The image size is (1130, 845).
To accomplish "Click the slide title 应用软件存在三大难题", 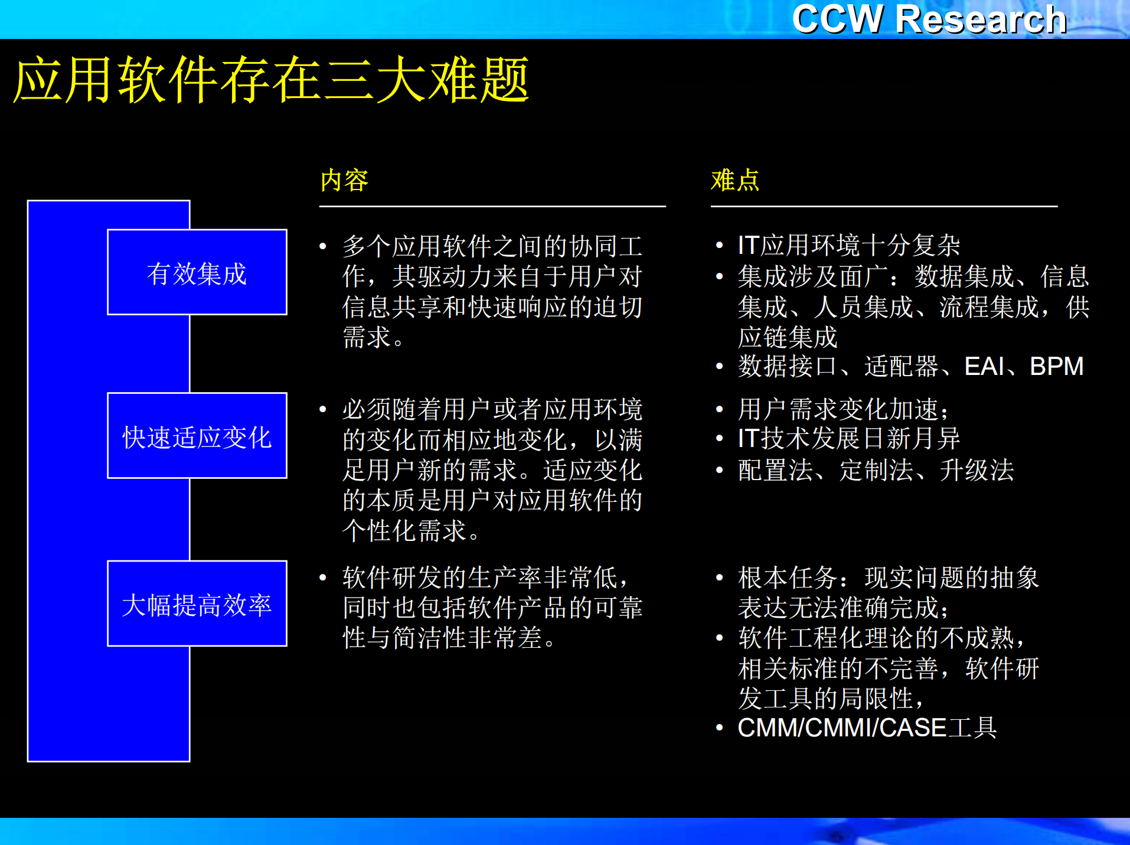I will pyautogui.click(x=270, y=80).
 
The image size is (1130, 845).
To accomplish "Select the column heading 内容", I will pyautogui.click(x=344, y=180).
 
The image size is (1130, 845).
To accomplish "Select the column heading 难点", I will pyautogui.click(x=734, y=180).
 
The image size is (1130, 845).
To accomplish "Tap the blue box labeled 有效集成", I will pyautogui.click(x=197, y=273).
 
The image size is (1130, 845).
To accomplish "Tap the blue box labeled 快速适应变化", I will pyautogui.click(x=197, y=436).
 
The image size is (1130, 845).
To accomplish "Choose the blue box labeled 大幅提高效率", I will pyautogui.click(x=197, y=604).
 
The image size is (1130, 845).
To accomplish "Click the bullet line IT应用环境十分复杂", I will pyautogui.click(x=848, y=245).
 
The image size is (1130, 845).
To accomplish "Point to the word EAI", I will pyautogui.click(x=984, y=366).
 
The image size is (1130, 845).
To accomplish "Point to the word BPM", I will pyautogui.click(x=1056, y=366).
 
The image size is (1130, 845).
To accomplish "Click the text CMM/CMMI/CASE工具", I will pyautogui.click(x=867, y=727).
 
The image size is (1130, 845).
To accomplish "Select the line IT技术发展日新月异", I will pyautogui.click(x=848, y=439).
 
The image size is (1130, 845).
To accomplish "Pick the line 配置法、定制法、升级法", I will pyautogui.click(x=876, y=470).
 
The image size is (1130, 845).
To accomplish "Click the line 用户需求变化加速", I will pyautogui.click(x=842, y=409).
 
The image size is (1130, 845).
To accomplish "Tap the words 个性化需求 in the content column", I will pyautogui.click(x=404, y=530).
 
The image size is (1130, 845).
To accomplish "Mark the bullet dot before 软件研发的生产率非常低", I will pyautogui.click(x=323, y=578).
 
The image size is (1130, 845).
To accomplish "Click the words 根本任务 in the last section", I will pyautogui.click(x=788, y=578).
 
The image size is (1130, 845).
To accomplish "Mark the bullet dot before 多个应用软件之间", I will pyautogui.click(x=323, y=246).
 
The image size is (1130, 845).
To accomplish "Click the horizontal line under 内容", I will pyautogui.click(x=492, y=206).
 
